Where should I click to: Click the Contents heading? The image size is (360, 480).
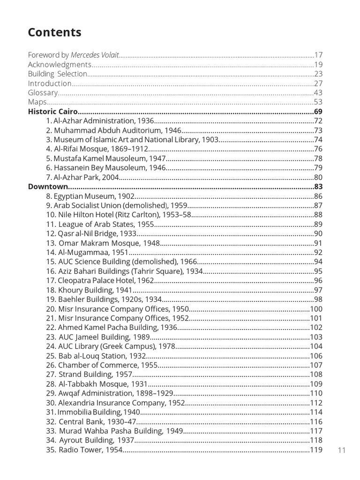coord(54,32)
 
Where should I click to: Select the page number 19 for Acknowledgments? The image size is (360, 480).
coord(318,65)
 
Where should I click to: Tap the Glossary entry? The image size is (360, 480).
coord(43,93)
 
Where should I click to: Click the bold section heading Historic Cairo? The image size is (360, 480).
coord(52,112)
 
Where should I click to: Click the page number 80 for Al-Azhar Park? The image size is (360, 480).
coord(318,177)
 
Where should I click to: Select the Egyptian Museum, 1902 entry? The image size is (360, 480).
coord(90,196)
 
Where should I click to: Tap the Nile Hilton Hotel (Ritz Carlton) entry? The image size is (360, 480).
coord(119,215)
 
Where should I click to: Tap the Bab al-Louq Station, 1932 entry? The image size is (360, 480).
coord(93,356)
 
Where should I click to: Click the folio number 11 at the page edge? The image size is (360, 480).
coord(341,450)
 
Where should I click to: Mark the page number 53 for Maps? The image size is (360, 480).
coord(318,102)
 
